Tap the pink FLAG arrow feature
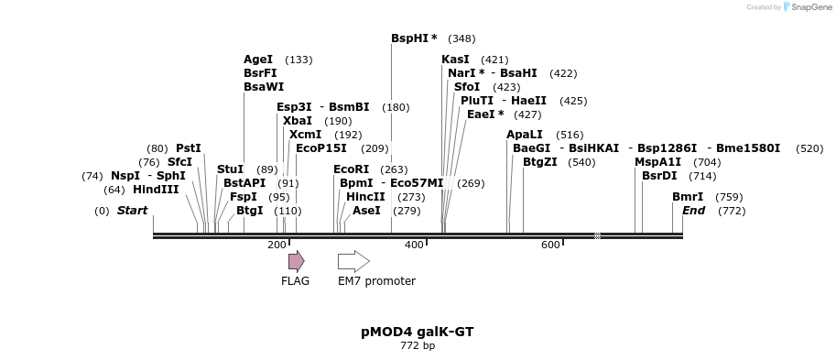tap(296, 261)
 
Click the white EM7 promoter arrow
tap(353, 261)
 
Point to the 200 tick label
tap(277, 245)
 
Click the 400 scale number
tap(414, 245)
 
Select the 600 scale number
tap(550, 245)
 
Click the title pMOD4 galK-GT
tap(418, 332)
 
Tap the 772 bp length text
tap(418, 346)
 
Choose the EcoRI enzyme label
tap(351, 169)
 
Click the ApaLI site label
tap(524, 135)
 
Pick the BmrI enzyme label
tap(688, 197)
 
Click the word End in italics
tap(693, 211)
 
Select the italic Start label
tap(132, 211)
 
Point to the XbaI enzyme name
tap(297, 121)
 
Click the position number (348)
tap(461, 38)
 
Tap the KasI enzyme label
tap(455, 60)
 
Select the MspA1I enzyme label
tap(657, 162)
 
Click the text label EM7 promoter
tap(376, 281)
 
